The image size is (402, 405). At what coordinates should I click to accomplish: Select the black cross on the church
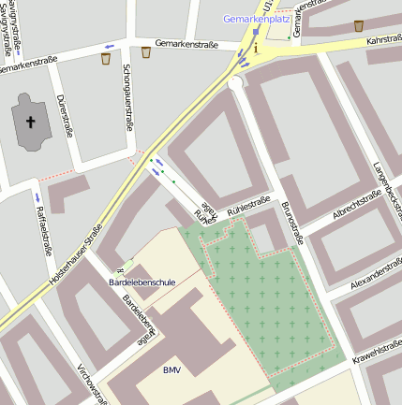click(x=30, y=122)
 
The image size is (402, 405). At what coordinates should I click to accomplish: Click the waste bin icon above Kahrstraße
click(x=359, y=25)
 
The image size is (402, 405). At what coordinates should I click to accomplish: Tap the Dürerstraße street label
click(x=65, y=115)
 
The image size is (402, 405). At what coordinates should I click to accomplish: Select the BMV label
click(x=171, y=370)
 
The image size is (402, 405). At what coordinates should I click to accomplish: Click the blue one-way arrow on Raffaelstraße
click(x=37, y=197)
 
